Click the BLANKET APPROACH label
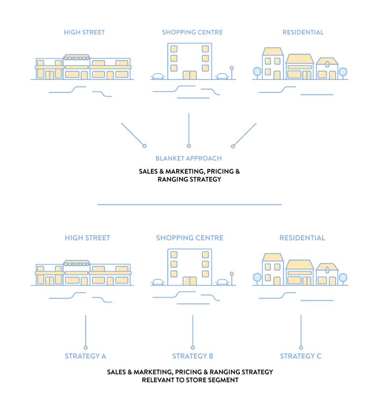189,158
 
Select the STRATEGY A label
85,356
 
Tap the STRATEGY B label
192,356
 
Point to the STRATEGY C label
301,356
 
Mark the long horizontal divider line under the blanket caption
189,204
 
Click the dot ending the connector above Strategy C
301,347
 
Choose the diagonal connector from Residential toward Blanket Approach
245,134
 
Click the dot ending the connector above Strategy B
192,347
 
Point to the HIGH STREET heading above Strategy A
87,238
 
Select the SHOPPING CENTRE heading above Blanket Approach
192,33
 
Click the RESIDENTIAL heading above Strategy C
302,238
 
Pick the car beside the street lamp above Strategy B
222,282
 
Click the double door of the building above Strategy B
189,281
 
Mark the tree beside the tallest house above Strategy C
257,278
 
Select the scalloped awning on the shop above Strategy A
76,264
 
